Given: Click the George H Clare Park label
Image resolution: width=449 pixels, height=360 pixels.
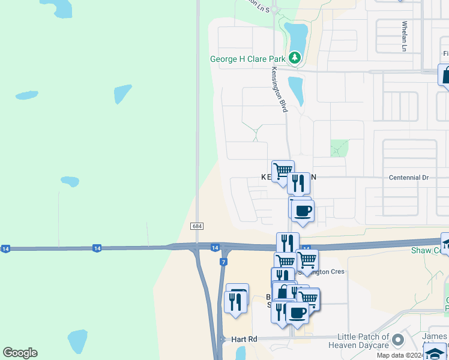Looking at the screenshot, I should point(247,59).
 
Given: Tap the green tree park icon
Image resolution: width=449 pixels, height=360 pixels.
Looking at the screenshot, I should point(294,58).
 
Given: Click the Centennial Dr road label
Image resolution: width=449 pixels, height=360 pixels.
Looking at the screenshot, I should point(409,178).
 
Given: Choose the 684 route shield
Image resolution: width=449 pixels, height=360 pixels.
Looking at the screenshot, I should point(197,226).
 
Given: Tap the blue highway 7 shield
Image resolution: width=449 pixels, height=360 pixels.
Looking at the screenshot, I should point(223,262).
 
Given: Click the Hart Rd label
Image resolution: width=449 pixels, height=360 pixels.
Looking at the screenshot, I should point(244,340).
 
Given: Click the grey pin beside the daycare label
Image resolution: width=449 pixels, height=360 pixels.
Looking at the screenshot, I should point(397,341).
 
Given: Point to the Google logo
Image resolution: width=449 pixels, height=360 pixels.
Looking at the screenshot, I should point(20,353).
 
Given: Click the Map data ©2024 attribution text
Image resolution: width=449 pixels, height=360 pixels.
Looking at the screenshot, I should point(400,355).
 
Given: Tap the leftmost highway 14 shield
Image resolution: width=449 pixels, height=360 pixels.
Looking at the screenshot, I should point(5,248).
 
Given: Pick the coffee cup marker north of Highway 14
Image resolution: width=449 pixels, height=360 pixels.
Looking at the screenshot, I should point(303,211).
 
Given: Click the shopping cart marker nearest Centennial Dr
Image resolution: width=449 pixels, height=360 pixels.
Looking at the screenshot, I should point(283,171).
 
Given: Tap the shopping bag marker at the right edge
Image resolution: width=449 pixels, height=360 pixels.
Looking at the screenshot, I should point(446,76).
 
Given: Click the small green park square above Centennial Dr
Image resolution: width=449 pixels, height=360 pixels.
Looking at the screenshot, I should point(339,148).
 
